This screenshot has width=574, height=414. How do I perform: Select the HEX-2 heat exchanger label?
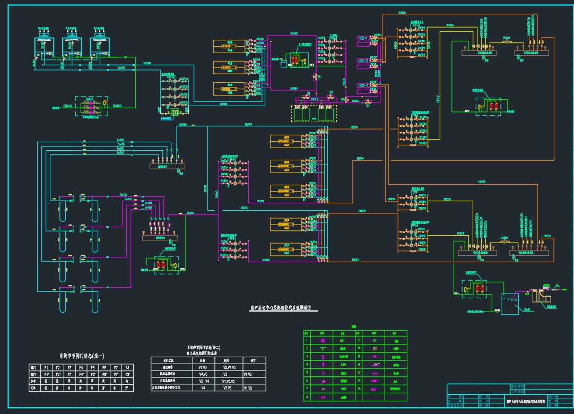click(363, 61)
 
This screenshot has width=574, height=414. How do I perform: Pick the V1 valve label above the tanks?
click(309, 93)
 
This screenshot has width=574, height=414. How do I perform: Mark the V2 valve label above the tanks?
click(331, 93)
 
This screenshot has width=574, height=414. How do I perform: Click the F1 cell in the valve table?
click(46, 367)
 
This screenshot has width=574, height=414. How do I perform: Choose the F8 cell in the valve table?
click(127, 367)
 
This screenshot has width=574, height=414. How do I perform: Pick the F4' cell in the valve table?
click(81, 374)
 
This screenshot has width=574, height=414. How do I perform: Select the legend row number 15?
click(359, 388)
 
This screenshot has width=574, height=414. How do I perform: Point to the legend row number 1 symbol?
click(323, 340)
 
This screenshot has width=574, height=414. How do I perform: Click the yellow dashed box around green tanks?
click(314, 114)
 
